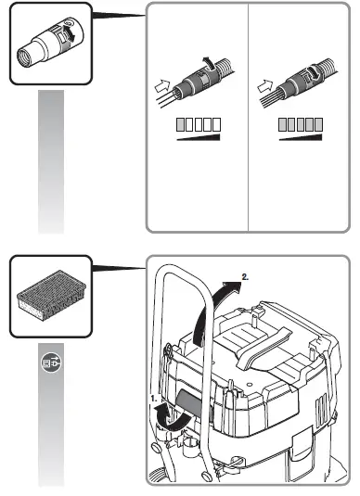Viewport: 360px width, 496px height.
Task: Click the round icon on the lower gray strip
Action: click(52, 364)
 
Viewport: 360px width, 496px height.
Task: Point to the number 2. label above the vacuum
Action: click(245, 275)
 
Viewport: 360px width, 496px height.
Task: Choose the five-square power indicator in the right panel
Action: click(302, 125)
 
